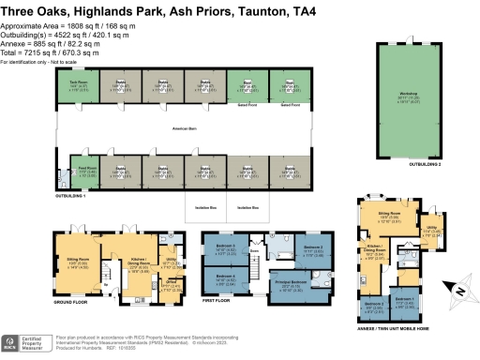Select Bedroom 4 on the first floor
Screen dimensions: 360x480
[x=224, y=277]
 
